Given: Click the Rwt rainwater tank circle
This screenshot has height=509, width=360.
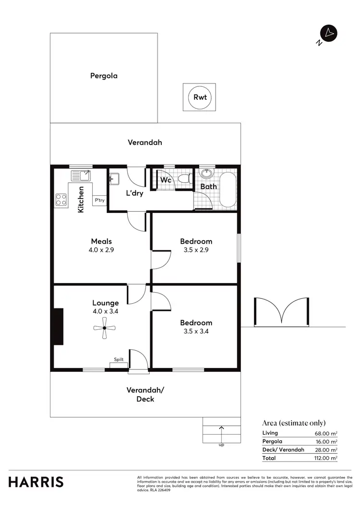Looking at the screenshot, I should pos(200,97).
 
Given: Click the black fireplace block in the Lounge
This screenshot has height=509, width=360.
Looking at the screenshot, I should pos(58,327).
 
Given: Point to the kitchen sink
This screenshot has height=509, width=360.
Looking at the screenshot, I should pos(81,175).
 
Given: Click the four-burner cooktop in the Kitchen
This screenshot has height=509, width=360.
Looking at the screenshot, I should pos(61,199).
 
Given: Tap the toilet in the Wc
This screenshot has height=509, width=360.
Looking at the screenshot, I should pos(183,179).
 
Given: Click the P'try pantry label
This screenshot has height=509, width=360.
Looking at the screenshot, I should pos(100,200).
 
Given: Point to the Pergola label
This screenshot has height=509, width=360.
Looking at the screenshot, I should pos(104,76).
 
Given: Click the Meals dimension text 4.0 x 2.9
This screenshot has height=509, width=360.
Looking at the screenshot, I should pos(102,250).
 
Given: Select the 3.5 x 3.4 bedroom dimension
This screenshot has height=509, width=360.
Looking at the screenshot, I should pos(196,331).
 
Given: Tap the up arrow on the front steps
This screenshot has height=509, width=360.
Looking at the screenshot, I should pos(221,429).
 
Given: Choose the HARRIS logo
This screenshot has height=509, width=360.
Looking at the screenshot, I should pos(36,482).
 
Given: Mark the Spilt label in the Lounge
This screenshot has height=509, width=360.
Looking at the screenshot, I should pos(119,359).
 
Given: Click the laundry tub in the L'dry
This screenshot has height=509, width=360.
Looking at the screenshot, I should pos(114,179).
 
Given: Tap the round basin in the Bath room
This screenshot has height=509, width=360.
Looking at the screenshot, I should pos(207,173).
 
